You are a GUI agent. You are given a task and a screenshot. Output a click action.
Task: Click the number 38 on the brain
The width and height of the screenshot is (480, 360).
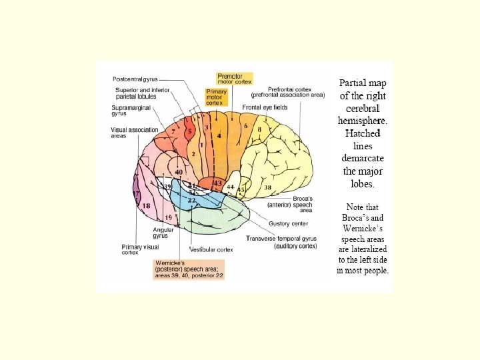(x=268, y=188)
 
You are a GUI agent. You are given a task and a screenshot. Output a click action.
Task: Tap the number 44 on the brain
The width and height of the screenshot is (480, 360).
(x=230, y=187)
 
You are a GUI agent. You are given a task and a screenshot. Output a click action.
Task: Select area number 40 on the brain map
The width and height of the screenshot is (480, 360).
(x=178, y=173)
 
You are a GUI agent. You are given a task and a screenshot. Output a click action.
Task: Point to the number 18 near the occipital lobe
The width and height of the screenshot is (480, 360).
(x=146, y=206)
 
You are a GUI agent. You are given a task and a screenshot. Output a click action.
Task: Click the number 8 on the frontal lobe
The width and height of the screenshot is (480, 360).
(x=259, y=130)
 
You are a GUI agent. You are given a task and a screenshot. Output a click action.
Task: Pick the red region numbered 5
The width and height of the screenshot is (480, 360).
(x=189, y=131)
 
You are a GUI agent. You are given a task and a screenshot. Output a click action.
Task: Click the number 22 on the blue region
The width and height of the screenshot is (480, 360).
(x=191, y=200)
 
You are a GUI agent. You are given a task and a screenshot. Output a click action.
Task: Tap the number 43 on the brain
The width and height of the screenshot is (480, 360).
(x=217, y=183)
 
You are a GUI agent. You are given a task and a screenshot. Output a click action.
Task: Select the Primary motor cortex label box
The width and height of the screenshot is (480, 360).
(x=216, y=97)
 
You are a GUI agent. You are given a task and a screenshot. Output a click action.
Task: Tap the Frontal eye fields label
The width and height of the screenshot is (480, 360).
(x=264, y=107)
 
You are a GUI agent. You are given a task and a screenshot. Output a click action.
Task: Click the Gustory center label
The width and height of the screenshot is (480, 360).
(x=289, y=223)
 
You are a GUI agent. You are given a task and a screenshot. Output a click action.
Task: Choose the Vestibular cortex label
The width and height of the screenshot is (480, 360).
(x=211, y=249)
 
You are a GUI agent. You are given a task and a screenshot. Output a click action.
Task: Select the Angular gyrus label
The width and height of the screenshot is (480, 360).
(x=160, y=233)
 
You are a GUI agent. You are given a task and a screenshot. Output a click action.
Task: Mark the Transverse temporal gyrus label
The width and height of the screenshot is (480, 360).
(x=281, y=241)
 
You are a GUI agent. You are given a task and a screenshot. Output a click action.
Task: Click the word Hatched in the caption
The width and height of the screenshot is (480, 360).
(x=363, y=133)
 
